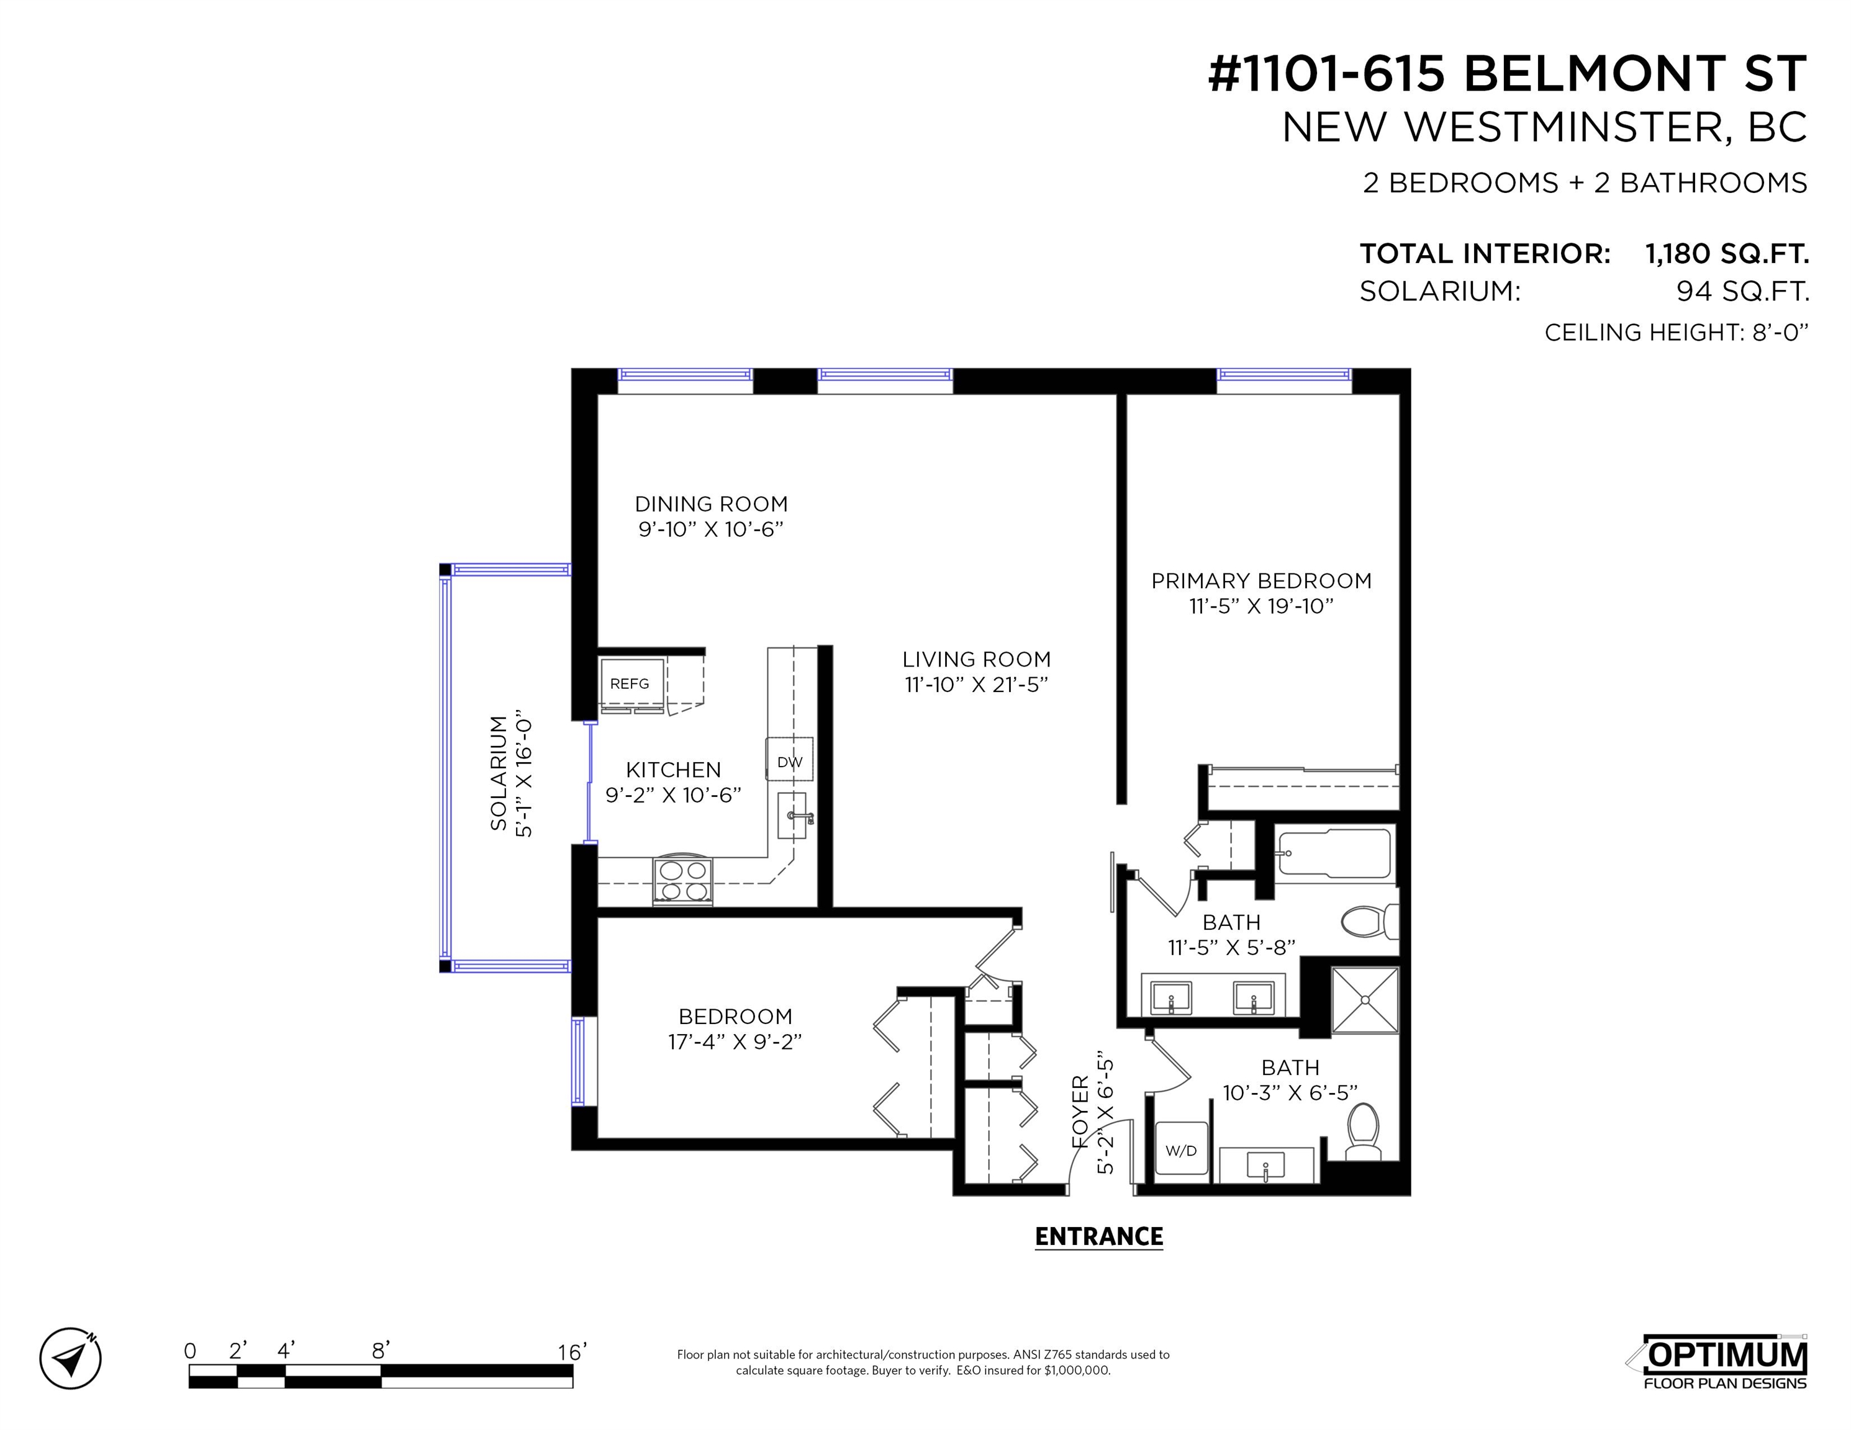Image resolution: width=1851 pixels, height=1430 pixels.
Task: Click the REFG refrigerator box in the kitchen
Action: pyautogui.click(x=631, y=683)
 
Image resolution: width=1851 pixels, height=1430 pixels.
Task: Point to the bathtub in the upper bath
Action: pyautogui.click(x=1333, y=854)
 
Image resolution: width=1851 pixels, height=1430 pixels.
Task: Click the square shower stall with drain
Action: pyautogui.click(x=1365, y=1000)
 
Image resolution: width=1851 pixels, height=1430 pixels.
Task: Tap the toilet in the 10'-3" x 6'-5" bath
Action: pyautogui.click(x=1363, y=1131)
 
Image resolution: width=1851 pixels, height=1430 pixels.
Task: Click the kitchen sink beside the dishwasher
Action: pyautogui.click(x=792, y=816)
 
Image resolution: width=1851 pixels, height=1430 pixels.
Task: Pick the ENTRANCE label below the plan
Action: pyautogui.click(x=1098, y=1237)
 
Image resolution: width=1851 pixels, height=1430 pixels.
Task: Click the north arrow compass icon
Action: pyautogui.click(x=70, y=1358)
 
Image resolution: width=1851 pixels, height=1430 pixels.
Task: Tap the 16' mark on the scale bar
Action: pyautogui.click(x=572, y=1351)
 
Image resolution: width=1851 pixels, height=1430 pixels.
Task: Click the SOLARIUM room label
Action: pyautogui.click(x=499, y=773)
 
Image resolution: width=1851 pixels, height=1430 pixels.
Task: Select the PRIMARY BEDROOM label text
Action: pyautogui.click(x=1261, y=581)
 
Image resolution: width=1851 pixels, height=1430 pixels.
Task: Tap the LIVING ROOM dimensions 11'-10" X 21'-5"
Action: pyautogui.click(x=976, y=685)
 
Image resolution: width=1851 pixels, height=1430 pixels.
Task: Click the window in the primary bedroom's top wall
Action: pyautogui.click(x=1284, y=380)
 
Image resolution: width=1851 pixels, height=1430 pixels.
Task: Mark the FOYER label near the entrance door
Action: pyautogui.click(x=1080, y=1112)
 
